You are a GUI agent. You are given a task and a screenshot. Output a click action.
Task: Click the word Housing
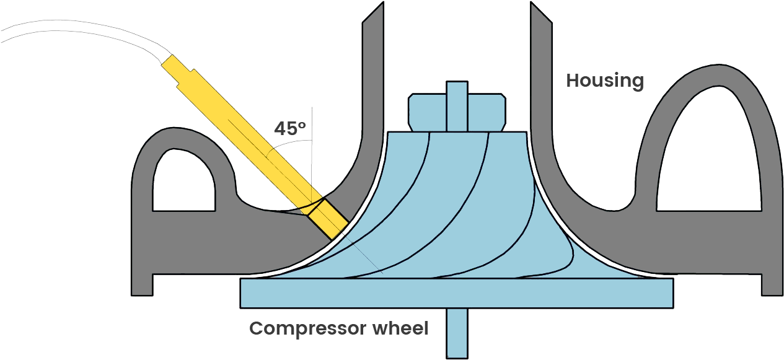(x=604, y=81)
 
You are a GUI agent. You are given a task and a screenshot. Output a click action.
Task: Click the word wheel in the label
(x=401, y=328)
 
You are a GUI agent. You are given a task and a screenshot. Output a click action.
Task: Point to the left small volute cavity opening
(x=183, y=183)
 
